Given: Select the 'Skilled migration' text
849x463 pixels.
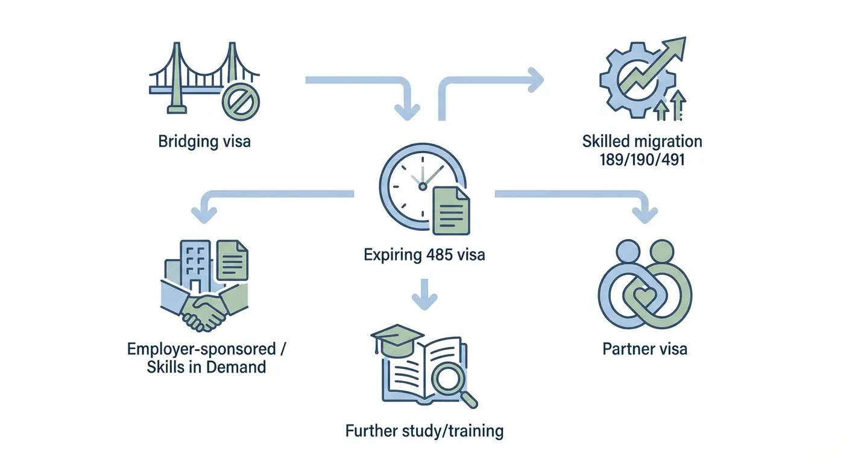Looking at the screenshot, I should click(642, 142).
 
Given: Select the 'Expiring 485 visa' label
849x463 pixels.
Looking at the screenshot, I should click(424, 255).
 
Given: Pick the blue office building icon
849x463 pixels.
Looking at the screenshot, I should click(194, 265).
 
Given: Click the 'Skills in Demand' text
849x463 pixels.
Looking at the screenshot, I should click(206, 366).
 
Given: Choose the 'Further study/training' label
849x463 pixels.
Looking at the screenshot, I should click(424, 431).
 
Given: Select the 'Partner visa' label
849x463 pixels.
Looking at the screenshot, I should click(645, 348).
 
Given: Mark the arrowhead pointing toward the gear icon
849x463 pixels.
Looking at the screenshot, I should click(535, 79).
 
